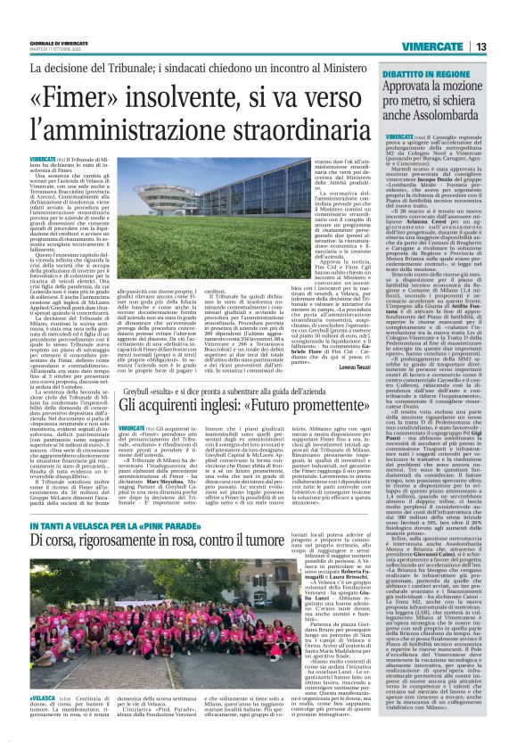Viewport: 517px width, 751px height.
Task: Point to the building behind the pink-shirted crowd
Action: pos(89,566)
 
